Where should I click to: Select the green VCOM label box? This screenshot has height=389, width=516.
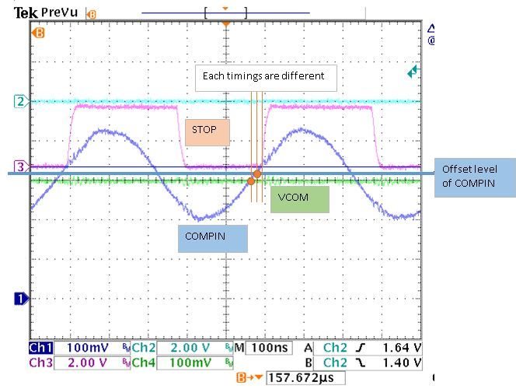click(x=299, y=198)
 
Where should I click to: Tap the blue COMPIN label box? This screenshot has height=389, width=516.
click(x=213, y=238)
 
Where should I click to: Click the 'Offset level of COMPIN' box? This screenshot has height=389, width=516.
click(x=474, y=177)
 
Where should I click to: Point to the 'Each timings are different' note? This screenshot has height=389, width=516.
click(x=265, y=78)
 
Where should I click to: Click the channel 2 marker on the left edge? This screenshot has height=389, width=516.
click(x=20, y=101)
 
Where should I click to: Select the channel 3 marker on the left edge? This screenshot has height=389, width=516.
click(x=20, y=166)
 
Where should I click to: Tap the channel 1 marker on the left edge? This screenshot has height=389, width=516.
click(x=21, y=297)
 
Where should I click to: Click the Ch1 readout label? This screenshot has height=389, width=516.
click(x=41, y=349)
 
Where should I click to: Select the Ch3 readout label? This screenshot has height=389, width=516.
click(x=41, y=363)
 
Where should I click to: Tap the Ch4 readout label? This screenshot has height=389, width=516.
click(x=145, y=363)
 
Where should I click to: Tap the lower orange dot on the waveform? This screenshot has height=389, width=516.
click(x=251, y=180)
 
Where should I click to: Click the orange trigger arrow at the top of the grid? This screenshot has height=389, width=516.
click(x=225, y=24)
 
